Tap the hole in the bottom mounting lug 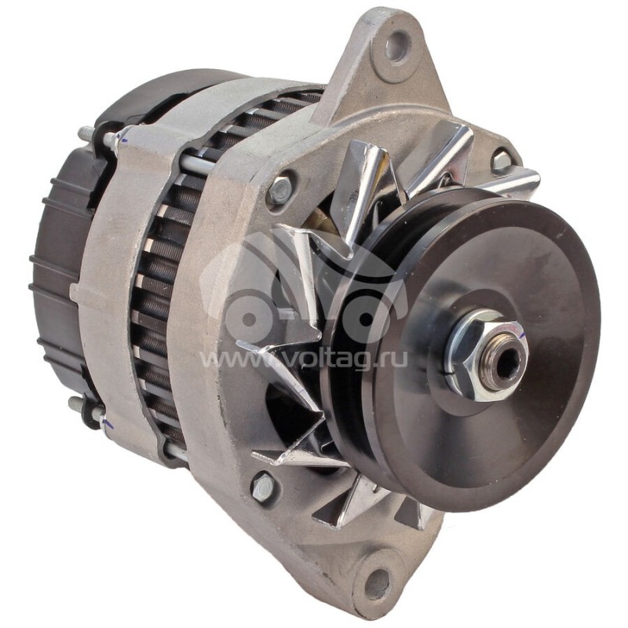378,582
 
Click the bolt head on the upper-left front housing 279,189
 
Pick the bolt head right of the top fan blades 501,161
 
